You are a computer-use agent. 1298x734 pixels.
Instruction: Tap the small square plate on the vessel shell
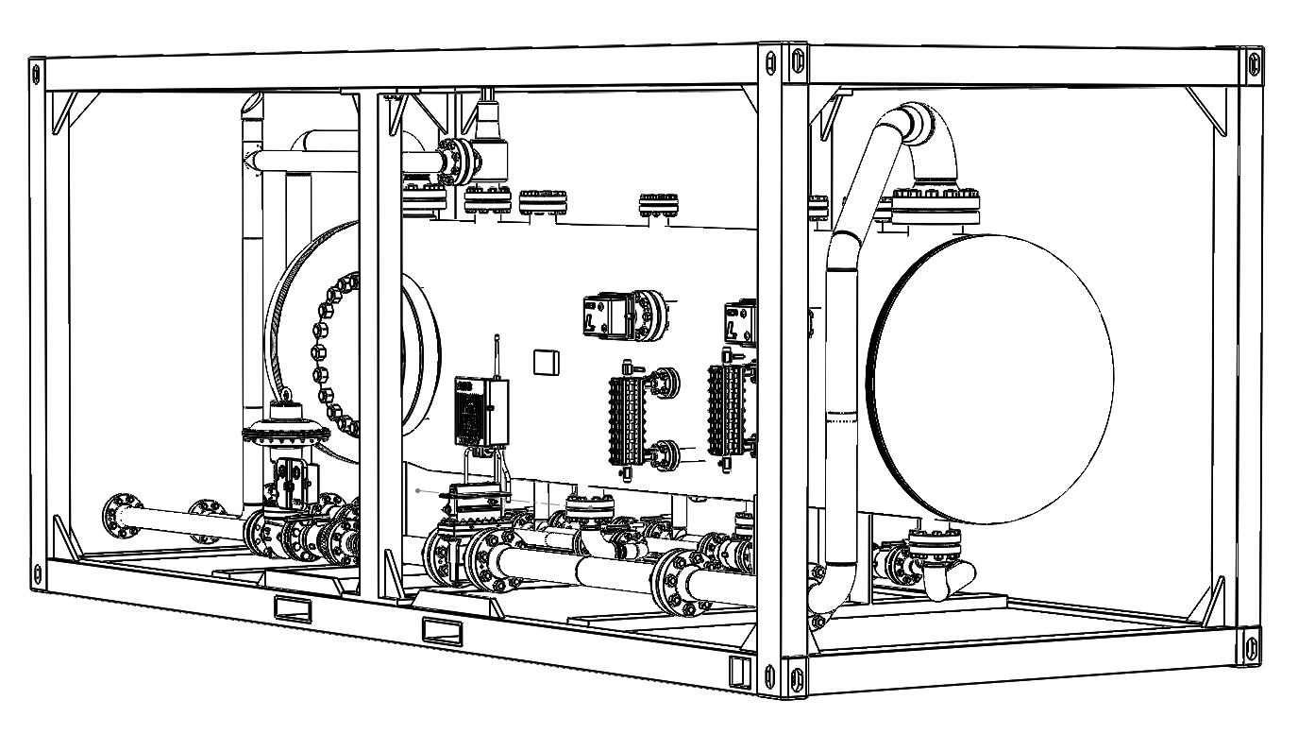[547, 363]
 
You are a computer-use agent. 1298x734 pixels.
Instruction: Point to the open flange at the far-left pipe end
[120, 516]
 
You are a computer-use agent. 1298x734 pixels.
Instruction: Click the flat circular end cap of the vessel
[991, 378]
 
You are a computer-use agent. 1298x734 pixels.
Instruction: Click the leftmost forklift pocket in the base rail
[292, 606]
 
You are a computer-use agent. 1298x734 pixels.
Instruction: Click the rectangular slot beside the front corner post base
[739, 670]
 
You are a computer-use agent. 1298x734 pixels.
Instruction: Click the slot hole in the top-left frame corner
[37, 72]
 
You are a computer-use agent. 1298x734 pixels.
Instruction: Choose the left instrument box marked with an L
[603, 314]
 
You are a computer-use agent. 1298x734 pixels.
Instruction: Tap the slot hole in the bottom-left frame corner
[38, 573]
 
